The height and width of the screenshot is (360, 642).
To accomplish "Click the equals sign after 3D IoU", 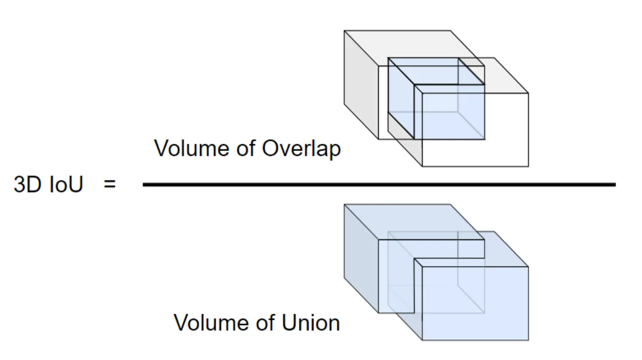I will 110,185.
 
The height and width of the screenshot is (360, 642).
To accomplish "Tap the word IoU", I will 66,185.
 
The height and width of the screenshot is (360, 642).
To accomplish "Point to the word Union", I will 310,322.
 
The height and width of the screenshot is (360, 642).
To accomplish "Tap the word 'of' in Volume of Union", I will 264,322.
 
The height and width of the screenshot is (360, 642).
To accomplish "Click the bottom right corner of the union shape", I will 528,340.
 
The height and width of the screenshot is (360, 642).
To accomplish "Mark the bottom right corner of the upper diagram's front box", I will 528,166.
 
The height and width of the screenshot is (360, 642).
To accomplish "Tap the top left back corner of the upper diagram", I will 344,31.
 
